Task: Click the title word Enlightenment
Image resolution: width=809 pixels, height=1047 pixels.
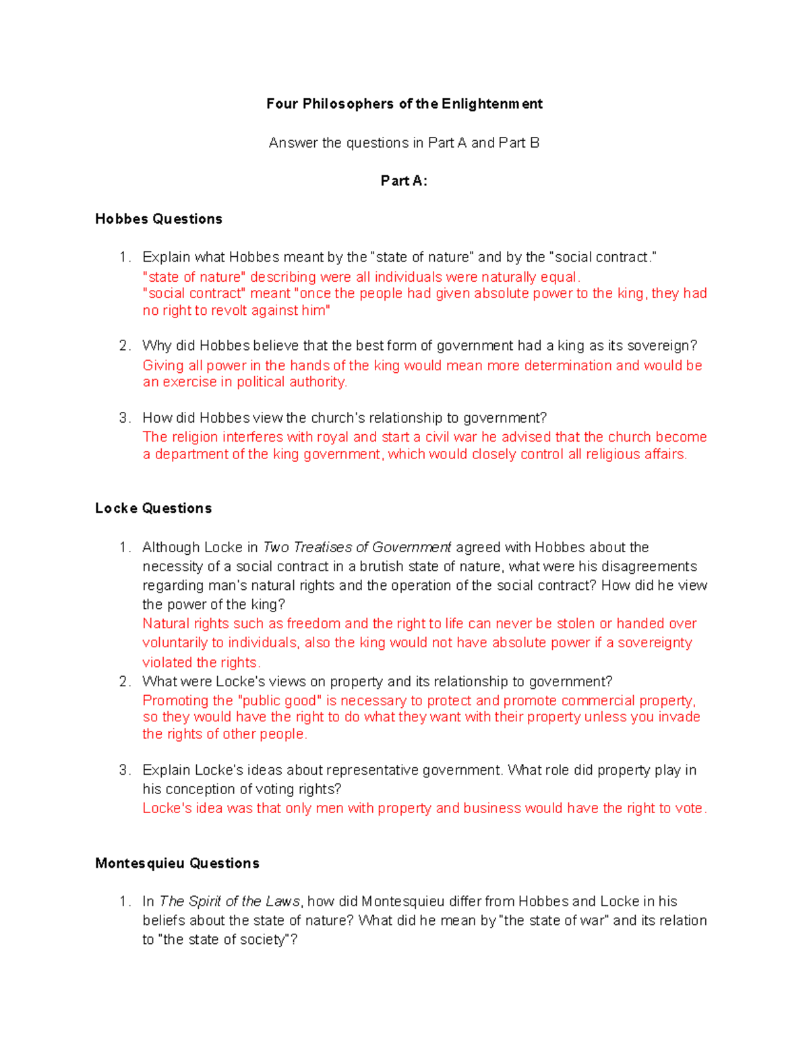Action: [x=491, y=104]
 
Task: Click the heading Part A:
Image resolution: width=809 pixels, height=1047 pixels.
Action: [x=404, y=181]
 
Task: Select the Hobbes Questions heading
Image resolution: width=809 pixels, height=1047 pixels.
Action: [x=158, y=219]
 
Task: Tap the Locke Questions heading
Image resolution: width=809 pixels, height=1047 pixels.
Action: [x=153, y=508]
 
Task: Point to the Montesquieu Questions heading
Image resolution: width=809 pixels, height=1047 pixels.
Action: [x=177, y=864]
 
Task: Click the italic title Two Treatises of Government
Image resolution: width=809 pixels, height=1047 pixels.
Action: [x=357, y=547]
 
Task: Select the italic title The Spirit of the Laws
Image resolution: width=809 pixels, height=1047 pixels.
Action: [x=229, y=901]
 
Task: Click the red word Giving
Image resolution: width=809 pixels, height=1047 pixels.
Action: [x=162, y=365]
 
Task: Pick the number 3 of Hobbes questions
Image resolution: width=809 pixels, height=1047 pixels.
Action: [x=124, y=418]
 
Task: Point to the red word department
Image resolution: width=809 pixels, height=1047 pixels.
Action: [x=191, y=454]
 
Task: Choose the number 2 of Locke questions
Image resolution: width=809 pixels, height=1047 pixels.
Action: [x=124, y=682]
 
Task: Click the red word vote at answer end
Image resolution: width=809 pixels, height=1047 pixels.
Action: [x=688, y=808]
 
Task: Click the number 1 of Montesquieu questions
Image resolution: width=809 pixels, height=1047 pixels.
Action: [x=124, y=901]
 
